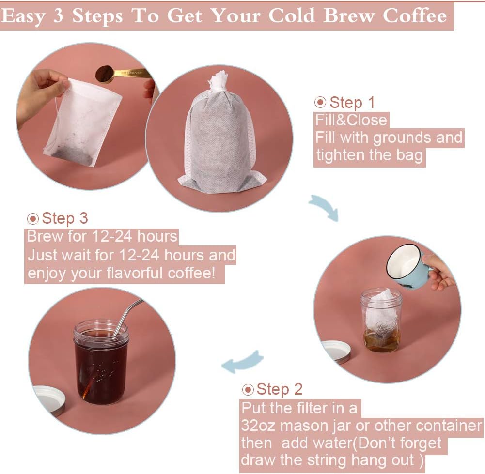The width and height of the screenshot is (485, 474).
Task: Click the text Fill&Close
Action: (351, 120)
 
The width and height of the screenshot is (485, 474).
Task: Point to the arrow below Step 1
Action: (323, 208)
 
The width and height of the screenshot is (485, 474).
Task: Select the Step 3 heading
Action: (64, 218)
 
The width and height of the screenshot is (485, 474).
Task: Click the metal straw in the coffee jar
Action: (127, 315)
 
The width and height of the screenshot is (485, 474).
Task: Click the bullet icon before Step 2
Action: (248, 389)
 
